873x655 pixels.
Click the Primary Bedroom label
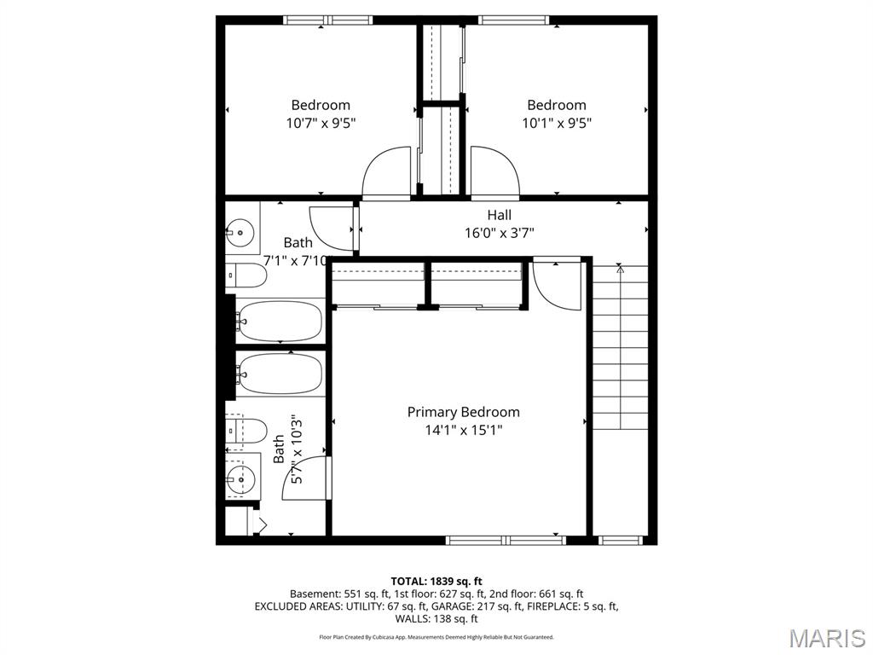[463, 412]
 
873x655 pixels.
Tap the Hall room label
[500, 215]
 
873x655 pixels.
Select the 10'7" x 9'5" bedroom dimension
[321, 123]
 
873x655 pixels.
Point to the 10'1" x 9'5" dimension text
[557, 123]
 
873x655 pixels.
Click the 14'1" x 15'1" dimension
[463, 431]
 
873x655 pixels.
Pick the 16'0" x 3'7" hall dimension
[500, 233]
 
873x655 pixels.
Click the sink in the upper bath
[241, 230]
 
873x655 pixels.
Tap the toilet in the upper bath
[246, 275]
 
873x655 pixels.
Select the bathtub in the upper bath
[280, 322]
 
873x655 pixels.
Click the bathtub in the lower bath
[280, 373]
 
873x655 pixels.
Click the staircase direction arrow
[620, 270]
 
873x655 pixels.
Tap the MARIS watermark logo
[826, 638]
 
